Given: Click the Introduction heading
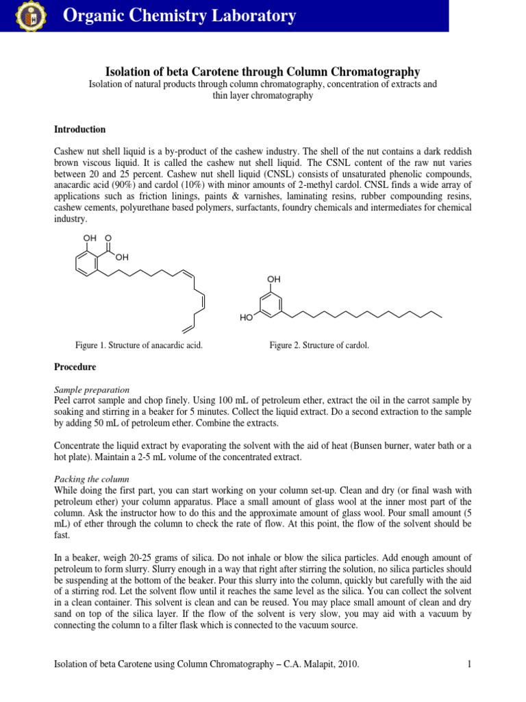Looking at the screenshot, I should (x=79, y=130).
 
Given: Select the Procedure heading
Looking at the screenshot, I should (x=75, y=367).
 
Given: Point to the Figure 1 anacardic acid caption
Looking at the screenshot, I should (x=138, y=345).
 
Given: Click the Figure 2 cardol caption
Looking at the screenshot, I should (x=319, y=345).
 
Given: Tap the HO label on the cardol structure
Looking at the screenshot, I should (x=247, y=318).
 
